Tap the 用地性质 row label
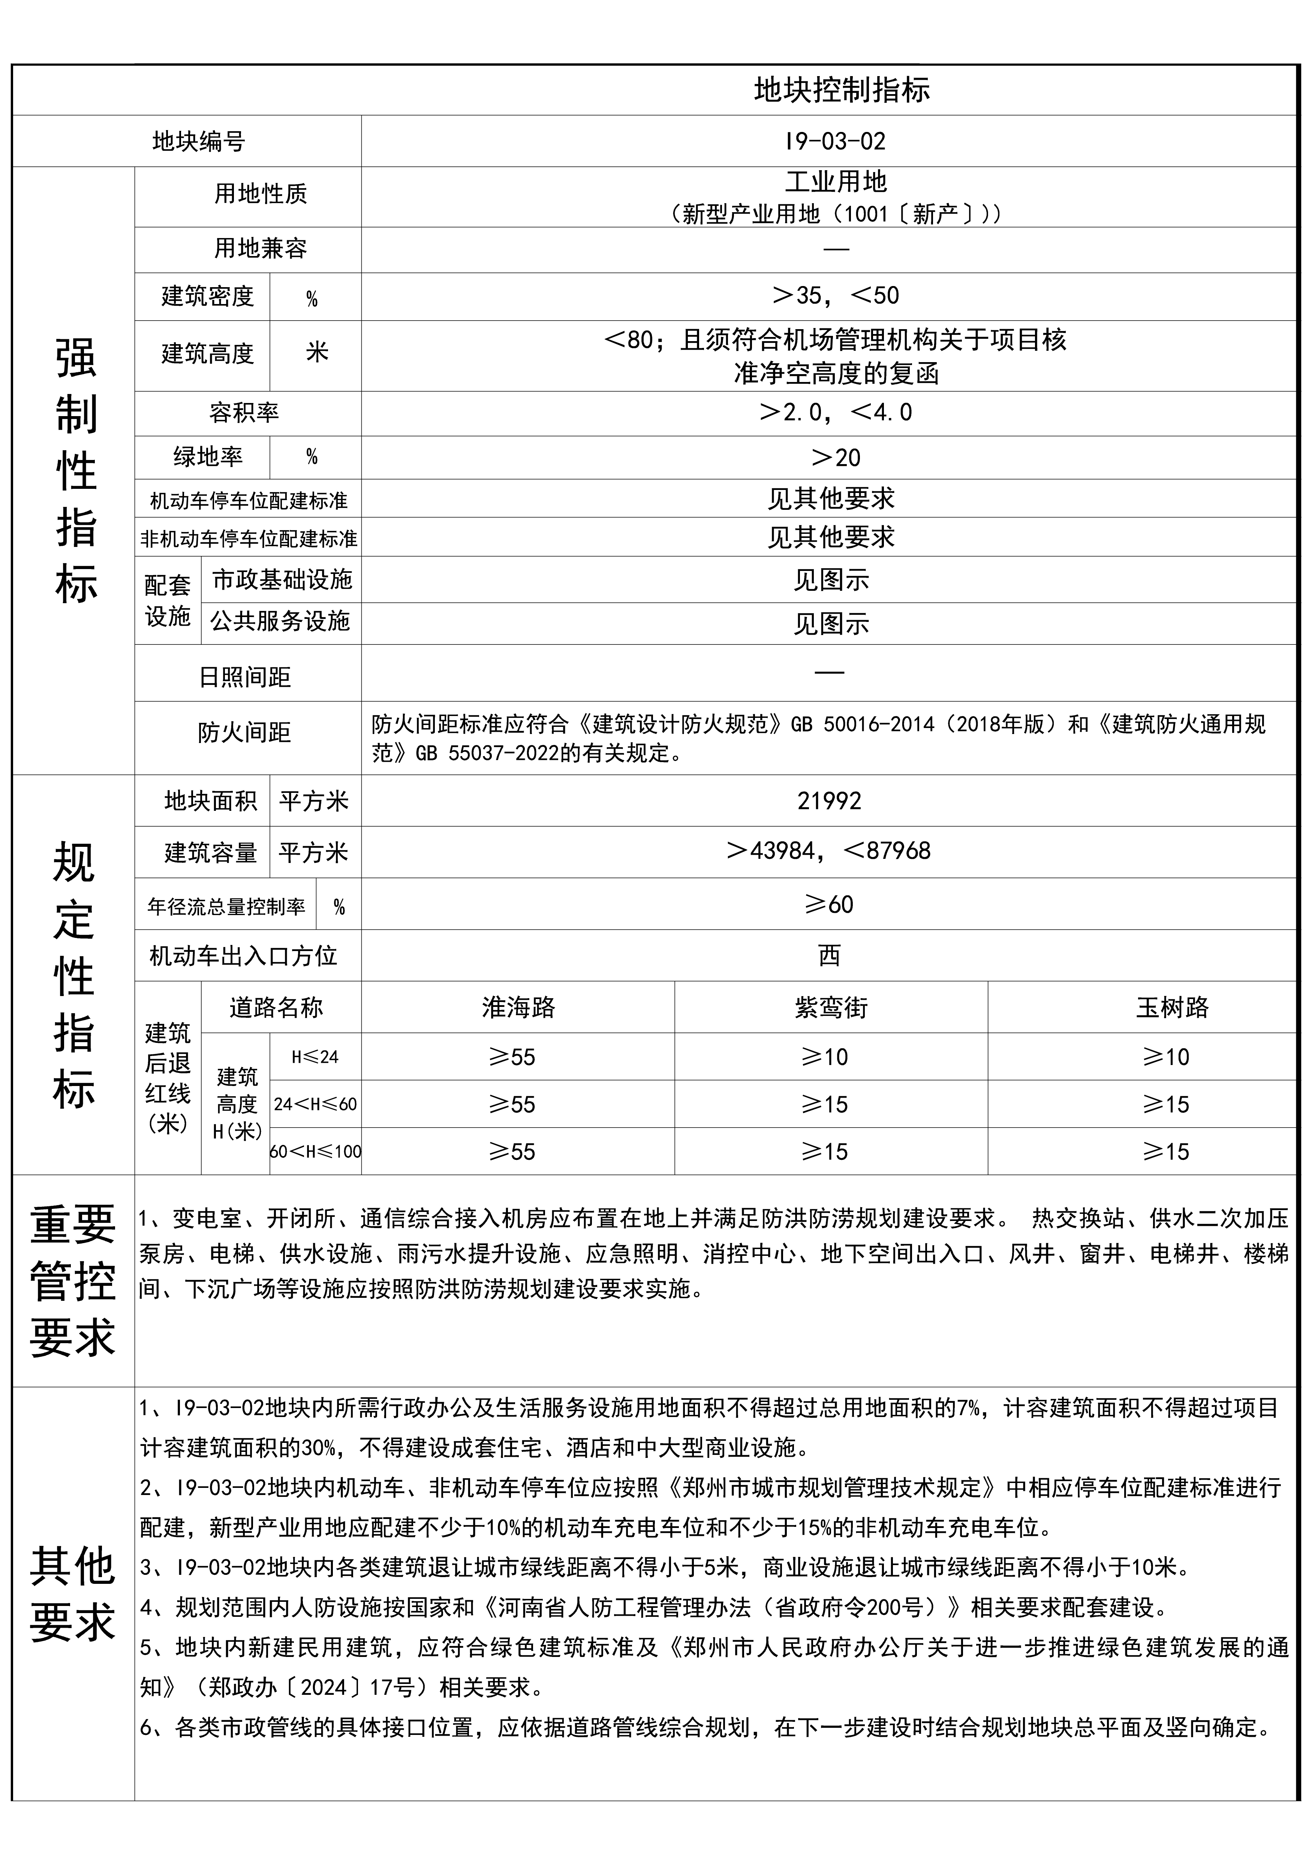pyautogui.click(x=260, y=194)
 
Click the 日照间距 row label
pyautogui.click(x=245, y=677)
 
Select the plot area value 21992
pyautogui.click(x=828, y=801)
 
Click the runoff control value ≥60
pyautogui.click(x=828, y=904)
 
